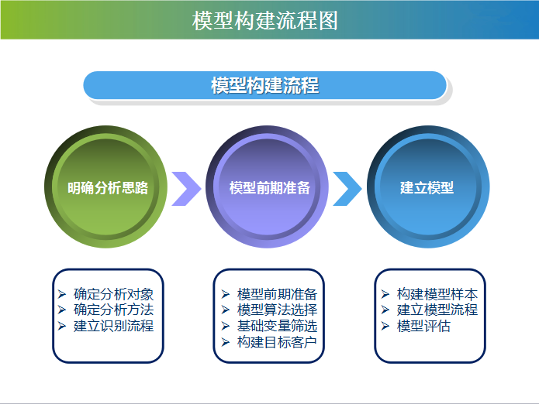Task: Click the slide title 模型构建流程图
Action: click(265, 21)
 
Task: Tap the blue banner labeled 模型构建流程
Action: click(265, 85)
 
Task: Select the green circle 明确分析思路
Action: click(106, 187)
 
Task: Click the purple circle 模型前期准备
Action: click(267, 187)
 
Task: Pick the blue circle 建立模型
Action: click(428, 187)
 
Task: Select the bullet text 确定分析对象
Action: click(113, 294)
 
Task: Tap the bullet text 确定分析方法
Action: click(113, 310)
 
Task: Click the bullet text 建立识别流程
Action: click(113, 326)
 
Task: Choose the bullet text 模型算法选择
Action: click(277, 310)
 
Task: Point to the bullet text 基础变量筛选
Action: click(277, 326)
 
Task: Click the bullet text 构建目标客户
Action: click(277, 342)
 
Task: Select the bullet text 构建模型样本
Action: click(437, 294)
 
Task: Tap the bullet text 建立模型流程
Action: click(437, 310)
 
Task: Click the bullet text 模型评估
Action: click(423, 326)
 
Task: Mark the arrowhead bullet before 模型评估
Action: click(385, 326)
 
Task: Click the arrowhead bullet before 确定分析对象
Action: click(62, 294)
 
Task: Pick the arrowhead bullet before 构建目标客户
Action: click(226, 342)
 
